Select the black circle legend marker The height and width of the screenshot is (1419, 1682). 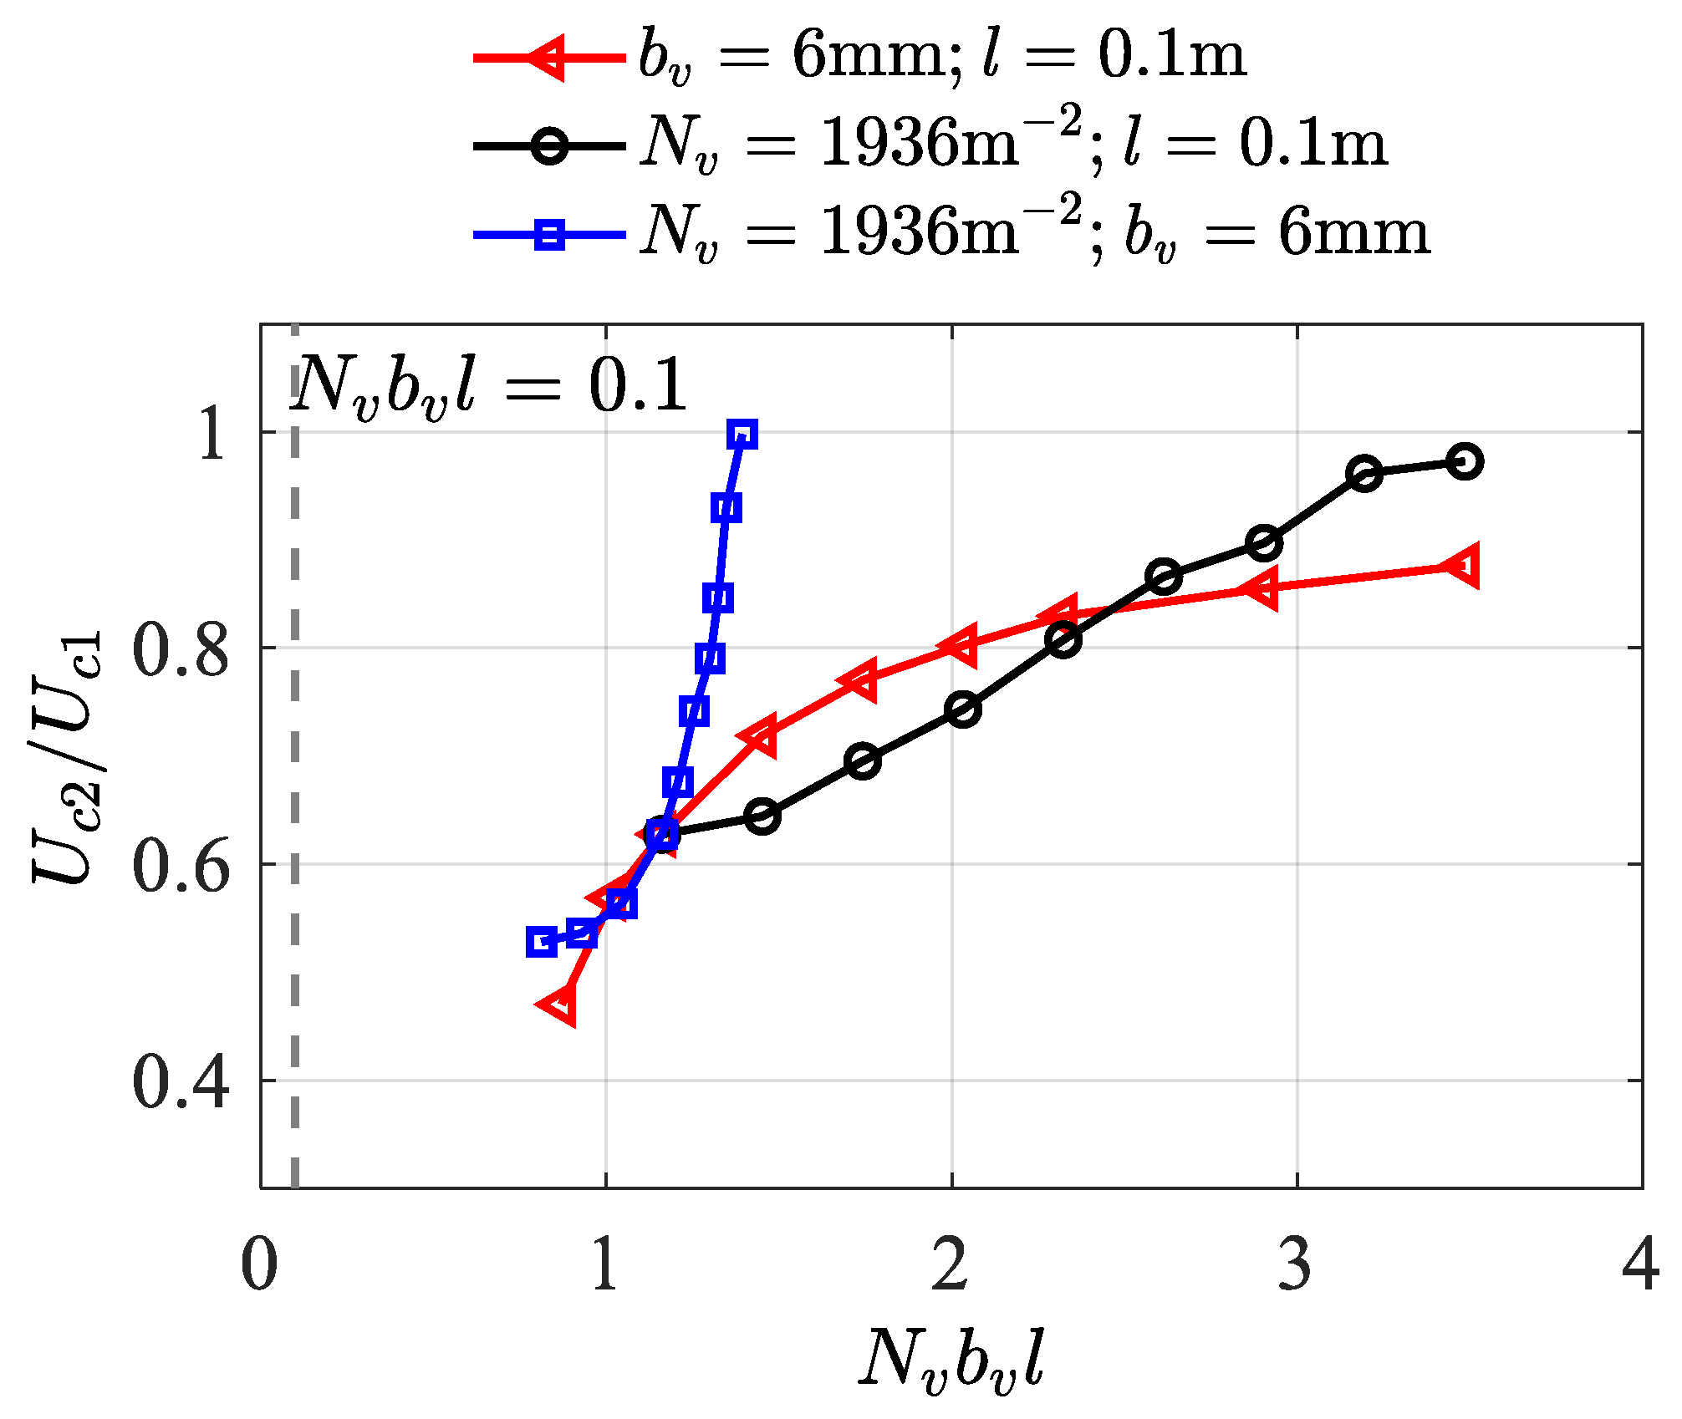[549, 146]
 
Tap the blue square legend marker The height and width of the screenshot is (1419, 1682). [549, 234]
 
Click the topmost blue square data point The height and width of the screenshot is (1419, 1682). [742, 435]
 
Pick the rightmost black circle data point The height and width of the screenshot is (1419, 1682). [1465, 461]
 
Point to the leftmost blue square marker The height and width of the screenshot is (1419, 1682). [542, 942]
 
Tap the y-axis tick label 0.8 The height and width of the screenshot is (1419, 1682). [180, 650]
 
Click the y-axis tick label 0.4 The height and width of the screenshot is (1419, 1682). [180, 1083]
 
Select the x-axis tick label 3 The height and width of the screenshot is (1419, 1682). [1295, 1264]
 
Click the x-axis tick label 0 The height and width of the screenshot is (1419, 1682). [259, 1264]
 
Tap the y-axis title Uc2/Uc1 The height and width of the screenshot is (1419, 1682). [69, 756]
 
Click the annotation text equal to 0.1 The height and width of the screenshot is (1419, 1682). [489, 387]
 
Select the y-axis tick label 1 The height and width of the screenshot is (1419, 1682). [213, 435]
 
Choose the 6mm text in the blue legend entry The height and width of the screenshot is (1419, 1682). [1354, 234]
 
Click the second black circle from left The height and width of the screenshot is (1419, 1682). [762, 815]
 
